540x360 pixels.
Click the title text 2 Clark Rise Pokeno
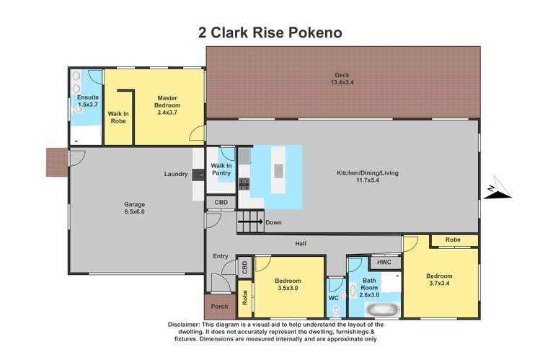270,32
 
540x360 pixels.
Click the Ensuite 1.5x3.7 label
88,100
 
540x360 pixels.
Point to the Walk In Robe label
118,118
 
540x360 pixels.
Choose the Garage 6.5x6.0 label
134,208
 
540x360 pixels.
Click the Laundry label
176,174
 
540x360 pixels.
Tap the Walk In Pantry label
221,170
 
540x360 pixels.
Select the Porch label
219,307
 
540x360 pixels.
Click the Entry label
220,256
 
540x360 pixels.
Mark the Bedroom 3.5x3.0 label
288,284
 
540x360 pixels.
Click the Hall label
301,244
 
